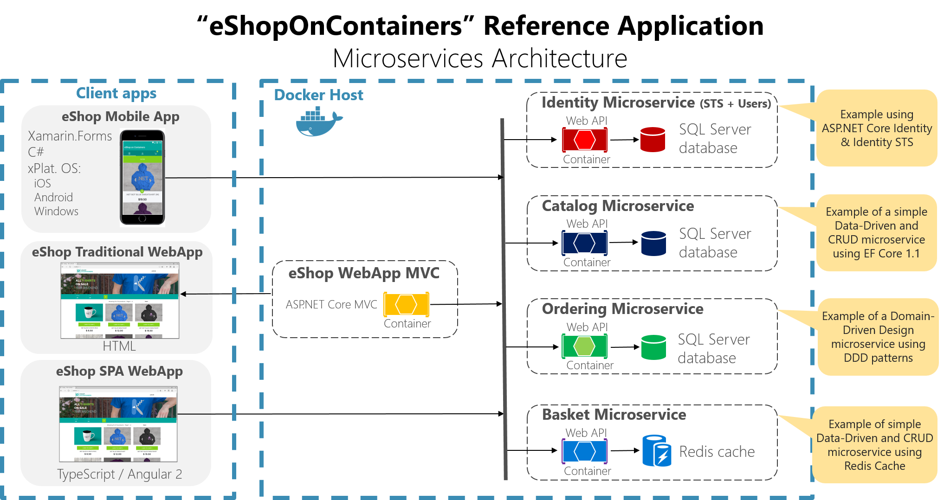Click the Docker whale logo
[x=318, y=122]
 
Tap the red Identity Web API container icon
[x=585, y=140]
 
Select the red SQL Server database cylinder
[x=653, y=140]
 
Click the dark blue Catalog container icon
[x=584, y=243]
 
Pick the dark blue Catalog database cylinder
[x=653, y=243]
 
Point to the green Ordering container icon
[x=584, y=346]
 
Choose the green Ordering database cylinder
[x=653, y=347]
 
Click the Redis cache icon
[x=657, y=451]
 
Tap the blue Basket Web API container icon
[x=584, y=451]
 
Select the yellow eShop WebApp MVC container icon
[x=406, y=304]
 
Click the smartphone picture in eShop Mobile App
[x=142, y=178]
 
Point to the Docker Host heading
[x=318, y=95]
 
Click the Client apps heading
[x=116, y=93]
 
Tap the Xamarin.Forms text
[x=70, y=136]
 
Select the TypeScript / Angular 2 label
[x=119, y=474]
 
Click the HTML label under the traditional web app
[x=119, y=346]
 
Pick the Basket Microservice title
[x=614, y=414]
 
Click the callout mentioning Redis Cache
[x=874, y=445]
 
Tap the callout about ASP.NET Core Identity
[x=877, y=128]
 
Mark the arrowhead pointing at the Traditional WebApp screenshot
[x=184, y=294]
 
